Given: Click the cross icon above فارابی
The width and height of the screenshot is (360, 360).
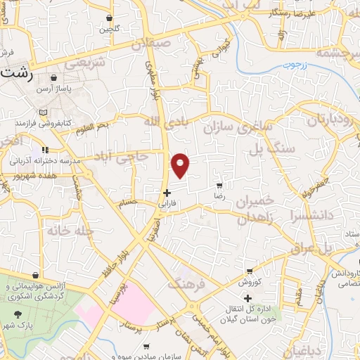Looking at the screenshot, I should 166,193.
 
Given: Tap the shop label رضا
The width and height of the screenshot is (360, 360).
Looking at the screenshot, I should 219,198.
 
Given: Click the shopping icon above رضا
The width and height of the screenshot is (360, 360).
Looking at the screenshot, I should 219,186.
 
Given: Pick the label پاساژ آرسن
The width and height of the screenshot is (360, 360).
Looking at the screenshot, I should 54,90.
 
